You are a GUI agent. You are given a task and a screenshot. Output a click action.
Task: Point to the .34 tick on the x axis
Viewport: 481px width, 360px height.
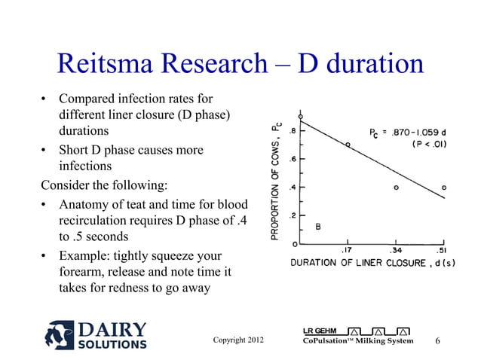(x=396, y=250)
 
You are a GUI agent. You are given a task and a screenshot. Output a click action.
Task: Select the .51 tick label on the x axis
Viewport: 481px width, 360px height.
(x=443, y=250)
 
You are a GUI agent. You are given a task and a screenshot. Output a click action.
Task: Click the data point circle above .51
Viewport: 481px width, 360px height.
(x=444, y=187)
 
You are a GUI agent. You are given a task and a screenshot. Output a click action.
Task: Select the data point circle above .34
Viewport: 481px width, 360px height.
(x=396, y=187)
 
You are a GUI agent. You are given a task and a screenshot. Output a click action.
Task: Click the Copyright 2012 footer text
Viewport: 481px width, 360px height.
(x=239, y=340)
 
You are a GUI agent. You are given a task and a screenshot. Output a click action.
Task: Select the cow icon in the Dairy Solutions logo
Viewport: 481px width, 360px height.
(x=60, y=335)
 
